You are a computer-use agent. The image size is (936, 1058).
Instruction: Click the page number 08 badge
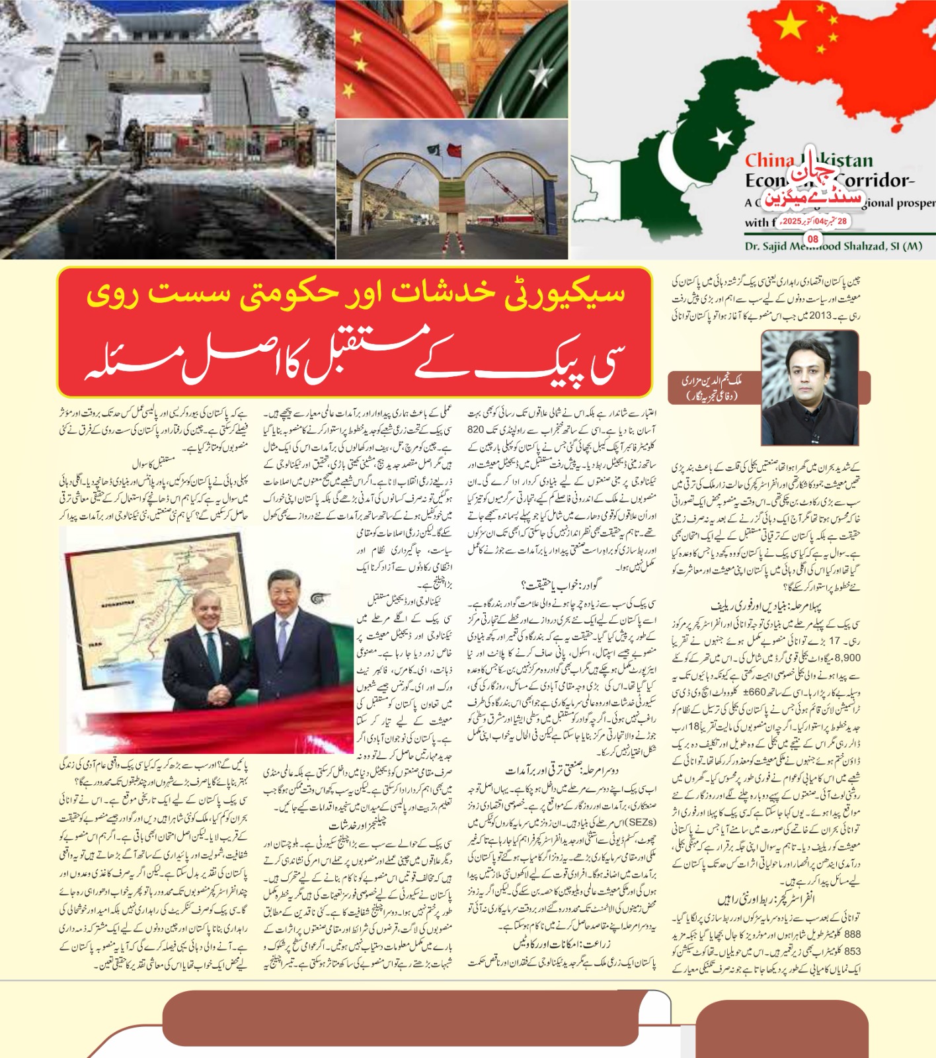click(813, 239)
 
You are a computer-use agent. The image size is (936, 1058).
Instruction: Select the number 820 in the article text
click(476, 429)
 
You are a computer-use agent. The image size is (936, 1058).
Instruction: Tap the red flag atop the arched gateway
click(453, 149)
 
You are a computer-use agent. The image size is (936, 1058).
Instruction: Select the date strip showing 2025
click(814, 221)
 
